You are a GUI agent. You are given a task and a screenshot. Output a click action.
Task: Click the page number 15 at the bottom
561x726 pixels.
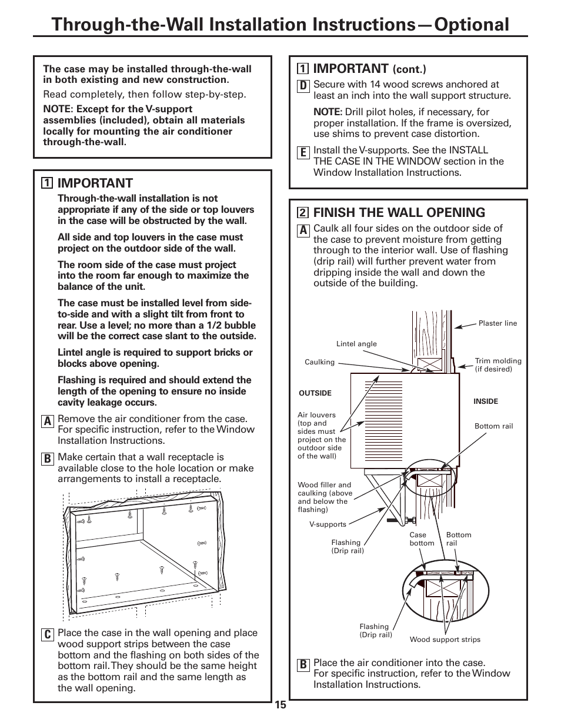[x=280, y=705]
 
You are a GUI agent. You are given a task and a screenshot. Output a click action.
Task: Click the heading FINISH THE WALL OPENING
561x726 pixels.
[x=399, y=212]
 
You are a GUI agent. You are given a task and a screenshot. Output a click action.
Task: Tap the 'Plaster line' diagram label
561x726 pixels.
[x=497, y=323]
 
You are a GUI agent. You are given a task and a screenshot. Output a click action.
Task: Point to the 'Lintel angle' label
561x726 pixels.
[x=356, y=344]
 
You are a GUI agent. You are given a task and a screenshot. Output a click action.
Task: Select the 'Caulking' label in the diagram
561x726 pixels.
[x=319, y=362]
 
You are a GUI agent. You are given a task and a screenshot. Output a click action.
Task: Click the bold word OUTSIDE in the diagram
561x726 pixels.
[x=315, y=393]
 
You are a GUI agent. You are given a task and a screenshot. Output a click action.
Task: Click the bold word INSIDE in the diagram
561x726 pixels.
[x=486, y=402]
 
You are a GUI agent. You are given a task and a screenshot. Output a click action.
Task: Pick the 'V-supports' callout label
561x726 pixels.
[x=328, y=524]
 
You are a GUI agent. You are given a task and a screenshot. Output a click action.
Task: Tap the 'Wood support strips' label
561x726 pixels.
[x=445, y=640]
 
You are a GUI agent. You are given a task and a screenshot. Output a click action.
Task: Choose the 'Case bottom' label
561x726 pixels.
[x=422, y=539]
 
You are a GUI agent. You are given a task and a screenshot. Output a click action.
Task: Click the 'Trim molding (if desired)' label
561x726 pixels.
[x=498, y=365]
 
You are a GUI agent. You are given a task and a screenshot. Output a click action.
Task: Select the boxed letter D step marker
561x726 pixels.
[x=303, y=86]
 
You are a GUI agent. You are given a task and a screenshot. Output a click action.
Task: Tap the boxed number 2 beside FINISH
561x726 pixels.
[x=303, y=213]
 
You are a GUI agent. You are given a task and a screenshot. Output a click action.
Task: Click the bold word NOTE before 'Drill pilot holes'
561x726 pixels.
[x=328, y=112]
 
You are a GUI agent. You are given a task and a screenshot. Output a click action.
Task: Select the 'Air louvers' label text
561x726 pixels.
[x=316, y=415]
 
